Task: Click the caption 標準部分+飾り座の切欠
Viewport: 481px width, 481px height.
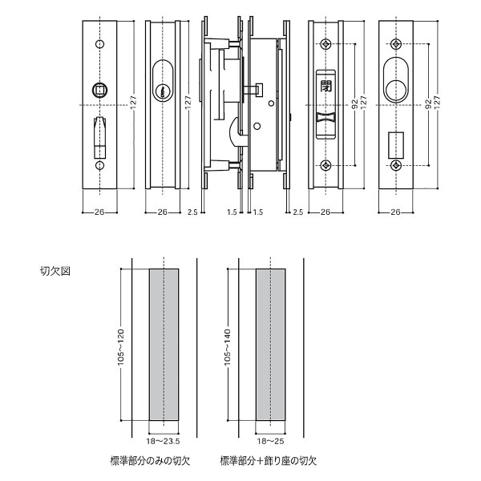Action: pyautogui.click(x=269, y=462)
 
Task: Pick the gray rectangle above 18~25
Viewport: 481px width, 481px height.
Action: pyautogui.click(x=271, y=345)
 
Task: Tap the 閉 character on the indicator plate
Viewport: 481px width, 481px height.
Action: pyautogui.click(x=325, y=84)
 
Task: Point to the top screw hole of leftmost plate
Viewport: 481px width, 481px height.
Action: pyautogui.click(x=101, y=45)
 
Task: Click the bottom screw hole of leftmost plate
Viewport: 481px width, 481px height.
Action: pyautogui.click(x=101, y=166)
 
